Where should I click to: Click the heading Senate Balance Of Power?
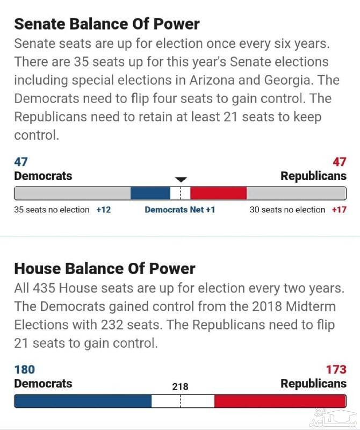tap(106, 24)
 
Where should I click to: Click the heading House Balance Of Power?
tap(104, 269)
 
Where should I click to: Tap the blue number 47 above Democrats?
tap(21, 162)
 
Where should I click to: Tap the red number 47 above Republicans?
tap(339, 162)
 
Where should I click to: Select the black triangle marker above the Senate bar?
tap(181, 180)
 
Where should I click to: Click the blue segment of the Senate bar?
tap(150, 193)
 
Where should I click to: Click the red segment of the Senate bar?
tap(218, 193)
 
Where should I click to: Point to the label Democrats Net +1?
tap(179, 210)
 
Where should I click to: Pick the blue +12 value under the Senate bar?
tap(104, 210)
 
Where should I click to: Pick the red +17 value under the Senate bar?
tap(339, 210)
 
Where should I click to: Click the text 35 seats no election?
tap(52, 210)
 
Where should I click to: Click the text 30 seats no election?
tap(287, 210)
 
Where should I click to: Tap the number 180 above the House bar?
tap(24, 369)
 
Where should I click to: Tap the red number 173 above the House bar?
tap(336, 369)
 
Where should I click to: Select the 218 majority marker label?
tap(180, 386)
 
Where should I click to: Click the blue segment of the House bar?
tap(83, 401)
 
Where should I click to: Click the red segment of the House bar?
tap(279, 401)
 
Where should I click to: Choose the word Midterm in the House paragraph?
tap(307, 307)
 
